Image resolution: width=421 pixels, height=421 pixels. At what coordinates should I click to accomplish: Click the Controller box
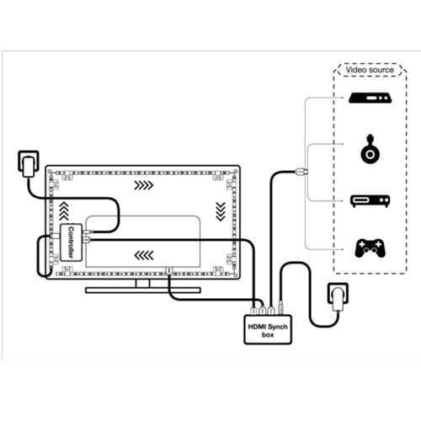tap(72, 242)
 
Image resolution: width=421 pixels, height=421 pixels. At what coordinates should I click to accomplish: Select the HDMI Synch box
tap(268, 329)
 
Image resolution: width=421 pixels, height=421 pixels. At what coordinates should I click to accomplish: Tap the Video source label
tap(370, 70)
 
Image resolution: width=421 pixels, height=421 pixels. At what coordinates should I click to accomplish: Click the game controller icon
tap(370, 248)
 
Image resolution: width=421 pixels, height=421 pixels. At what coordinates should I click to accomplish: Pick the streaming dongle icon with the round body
tap(370, 149)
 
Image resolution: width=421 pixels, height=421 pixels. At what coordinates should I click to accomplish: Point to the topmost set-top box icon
tap(370, 99)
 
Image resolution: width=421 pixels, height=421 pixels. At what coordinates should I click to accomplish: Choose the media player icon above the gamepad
tap(370, 201)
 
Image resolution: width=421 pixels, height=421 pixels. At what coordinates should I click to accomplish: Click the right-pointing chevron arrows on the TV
tap(143, 185)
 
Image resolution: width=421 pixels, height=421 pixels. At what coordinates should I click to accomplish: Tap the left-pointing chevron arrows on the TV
tap(144, 255)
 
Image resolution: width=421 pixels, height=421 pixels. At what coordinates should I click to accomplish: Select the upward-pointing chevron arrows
tap(64, 210)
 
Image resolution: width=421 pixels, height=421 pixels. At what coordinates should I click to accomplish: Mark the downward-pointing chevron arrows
tap(221, 211)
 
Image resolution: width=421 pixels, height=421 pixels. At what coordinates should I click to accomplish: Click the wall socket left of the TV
tap(29, 164)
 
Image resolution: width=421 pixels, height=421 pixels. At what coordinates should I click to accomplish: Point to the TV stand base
tap(143, 290)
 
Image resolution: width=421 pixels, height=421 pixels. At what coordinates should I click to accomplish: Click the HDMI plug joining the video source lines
tap(302, 171)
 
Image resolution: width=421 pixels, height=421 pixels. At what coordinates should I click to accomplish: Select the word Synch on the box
tap(278, 327)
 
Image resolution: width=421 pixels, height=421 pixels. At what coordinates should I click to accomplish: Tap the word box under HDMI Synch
tap(268, 335)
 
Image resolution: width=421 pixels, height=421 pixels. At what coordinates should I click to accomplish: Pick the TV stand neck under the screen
tap(143, 284)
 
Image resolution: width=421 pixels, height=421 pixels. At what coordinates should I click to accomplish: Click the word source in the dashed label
tap(381, 70)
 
